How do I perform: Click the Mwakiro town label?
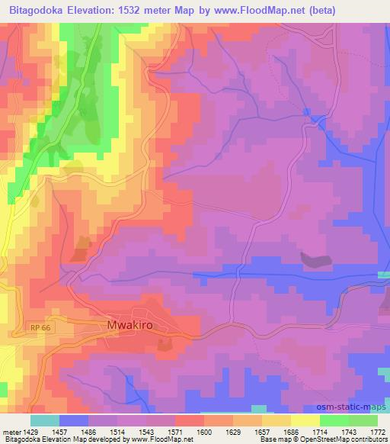[x=126, y=324]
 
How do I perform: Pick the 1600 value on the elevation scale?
[x=203, y=432]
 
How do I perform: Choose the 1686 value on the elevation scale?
[x=289, y=432]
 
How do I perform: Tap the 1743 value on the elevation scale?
[x=350, y=432]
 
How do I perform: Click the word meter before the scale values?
[x=10, y=432]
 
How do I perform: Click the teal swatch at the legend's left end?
[x=44, y=420]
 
